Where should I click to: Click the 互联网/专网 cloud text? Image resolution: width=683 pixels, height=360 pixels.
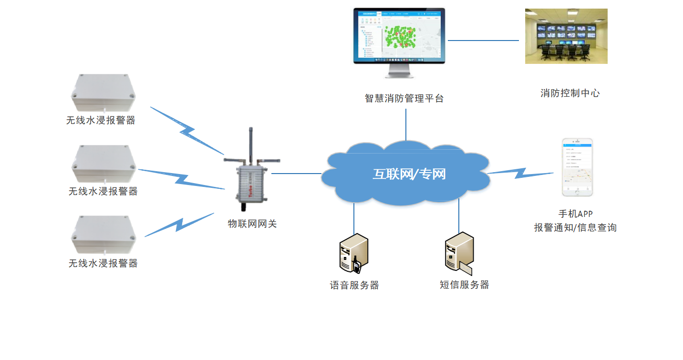(409, 174)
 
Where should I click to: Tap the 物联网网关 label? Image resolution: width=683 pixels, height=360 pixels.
(252, 224)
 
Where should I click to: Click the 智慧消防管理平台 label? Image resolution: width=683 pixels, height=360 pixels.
(404, 99)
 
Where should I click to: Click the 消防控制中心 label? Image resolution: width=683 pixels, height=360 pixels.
(570, 93)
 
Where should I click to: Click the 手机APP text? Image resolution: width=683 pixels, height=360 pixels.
(576, 214)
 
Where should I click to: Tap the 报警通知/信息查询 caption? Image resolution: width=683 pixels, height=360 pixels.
(575, 228)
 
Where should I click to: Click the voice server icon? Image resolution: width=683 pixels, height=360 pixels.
(353, 254)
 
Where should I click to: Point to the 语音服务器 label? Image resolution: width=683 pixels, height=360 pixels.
(354, 285)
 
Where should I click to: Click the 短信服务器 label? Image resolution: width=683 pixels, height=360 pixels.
(464, 285)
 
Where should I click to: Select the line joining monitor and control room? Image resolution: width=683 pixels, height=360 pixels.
(483, 41)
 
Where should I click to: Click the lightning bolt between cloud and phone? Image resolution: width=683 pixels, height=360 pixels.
(520, 172)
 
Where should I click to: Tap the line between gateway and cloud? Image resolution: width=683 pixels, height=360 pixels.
(296, 174)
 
